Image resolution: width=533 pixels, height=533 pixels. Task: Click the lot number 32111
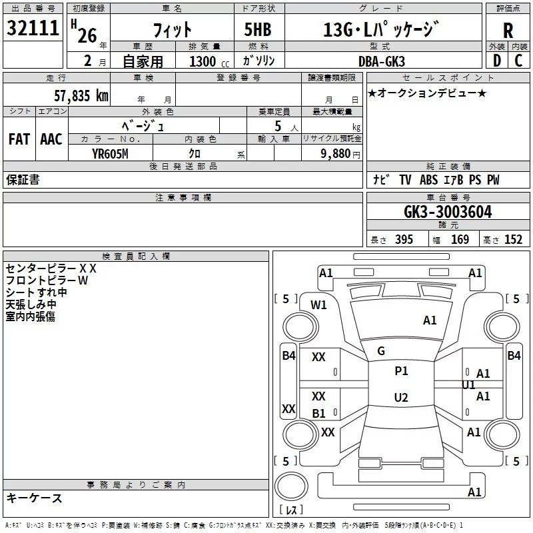pyautogui.click(x=33, y=28)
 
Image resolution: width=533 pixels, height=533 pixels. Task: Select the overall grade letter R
pyautogui.click(x=508, y=31)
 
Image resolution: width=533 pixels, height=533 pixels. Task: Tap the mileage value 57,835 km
pyautogui.click(x=81, y=95)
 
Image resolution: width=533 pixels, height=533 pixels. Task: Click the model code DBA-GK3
pyautogui.click(x=382, y=61)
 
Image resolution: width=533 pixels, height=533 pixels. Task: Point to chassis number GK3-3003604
pyautogui.click(x=448, y=212)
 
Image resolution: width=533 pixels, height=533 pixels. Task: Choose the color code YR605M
pyautogui.click(x=110, y=154)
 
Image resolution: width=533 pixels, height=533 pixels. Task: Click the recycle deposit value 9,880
pyautogui.click(x=336, y=154)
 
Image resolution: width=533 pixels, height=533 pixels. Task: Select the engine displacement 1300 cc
pyautogui.click(x=209, y=61)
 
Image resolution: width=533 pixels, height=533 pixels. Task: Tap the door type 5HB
pyautogui.click(x=258, y=29)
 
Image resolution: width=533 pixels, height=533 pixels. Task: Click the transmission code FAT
pyautogui.click(x=19, y=139)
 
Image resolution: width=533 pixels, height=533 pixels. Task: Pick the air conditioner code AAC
pyautogui.click(x=51, y=139)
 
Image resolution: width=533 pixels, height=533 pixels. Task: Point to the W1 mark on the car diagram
pyautogui.click(x=318, y=305)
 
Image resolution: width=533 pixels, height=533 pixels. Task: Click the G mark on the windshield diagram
pyautogui.click(x=381, y=351)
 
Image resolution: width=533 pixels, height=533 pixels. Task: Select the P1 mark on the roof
pyautogui.click(x=401, y=371)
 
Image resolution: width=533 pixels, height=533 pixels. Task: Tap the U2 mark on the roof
pyautogui.click(x=401, y=397)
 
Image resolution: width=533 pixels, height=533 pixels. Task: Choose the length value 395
pyautogui.click(x=404, y=239)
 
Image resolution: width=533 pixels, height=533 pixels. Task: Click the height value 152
pyautogui.click(x=513, y=239)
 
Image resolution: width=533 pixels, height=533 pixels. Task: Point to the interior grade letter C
pyautogui.click(x=518, y=61)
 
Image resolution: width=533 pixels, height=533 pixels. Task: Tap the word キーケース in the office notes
pyautogui.click(x=34, y=498)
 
